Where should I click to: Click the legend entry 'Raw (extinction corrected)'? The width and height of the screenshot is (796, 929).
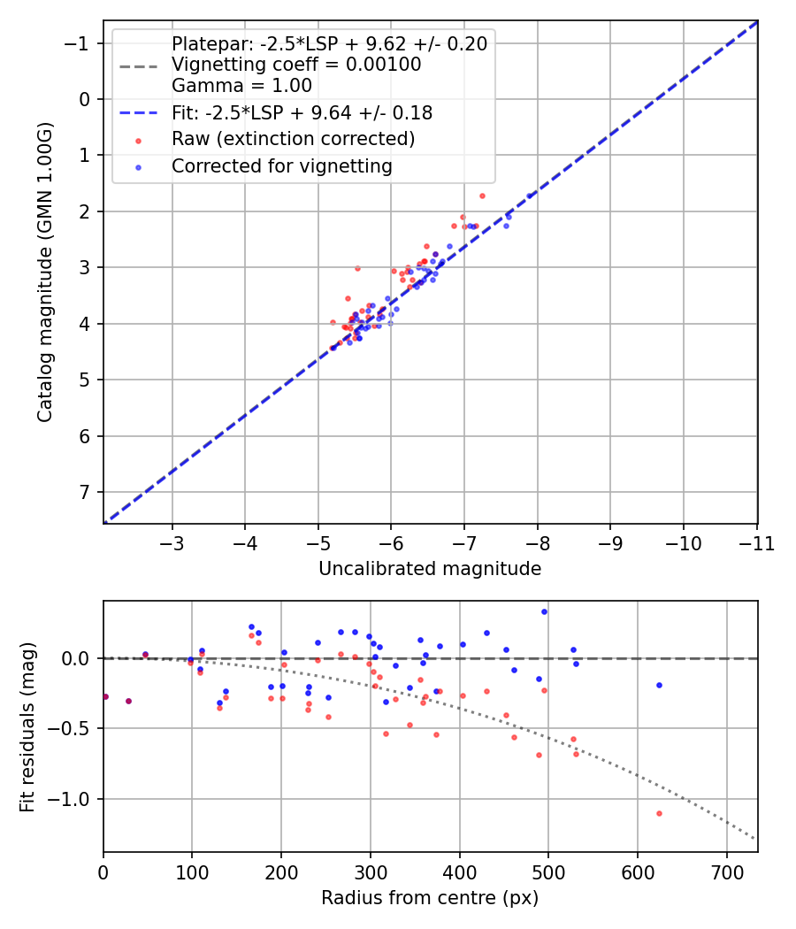(x=293, y=139)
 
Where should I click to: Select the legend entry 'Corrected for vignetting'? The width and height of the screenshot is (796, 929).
(x=281, y=165)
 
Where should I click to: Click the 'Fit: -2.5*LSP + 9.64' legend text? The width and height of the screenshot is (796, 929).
(x=302, y=112)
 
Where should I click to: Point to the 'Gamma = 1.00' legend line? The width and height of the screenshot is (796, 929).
(x=241, y=86)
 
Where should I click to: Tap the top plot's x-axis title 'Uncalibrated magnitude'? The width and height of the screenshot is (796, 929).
(x=430, y=569)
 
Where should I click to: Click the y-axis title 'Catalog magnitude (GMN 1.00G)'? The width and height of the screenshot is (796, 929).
(x=45, y=272)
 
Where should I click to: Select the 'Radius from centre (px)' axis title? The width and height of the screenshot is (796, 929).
(x=430, y=898)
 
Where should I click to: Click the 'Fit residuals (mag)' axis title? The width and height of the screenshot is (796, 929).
(x=27, y=726)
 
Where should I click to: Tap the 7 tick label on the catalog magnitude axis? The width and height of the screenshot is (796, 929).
(x=85, y=492)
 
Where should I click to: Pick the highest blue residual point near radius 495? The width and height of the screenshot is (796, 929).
(x=544, y=611)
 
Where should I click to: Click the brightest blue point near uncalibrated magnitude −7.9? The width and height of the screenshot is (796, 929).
(x=530, y=196)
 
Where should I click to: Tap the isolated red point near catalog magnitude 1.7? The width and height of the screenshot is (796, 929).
(x=482, y=196)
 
